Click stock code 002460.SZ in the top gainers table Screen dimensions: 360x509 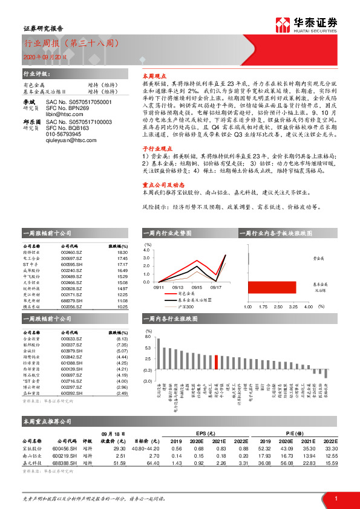72,253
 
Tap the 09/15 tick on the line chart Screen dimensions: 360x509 197,287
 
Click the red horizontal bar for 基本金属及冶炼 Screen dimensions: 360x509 272,285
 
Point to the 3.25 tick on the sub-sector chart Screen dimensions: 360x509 293,308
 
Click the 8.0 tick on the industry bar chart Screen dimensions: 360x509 148,336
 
